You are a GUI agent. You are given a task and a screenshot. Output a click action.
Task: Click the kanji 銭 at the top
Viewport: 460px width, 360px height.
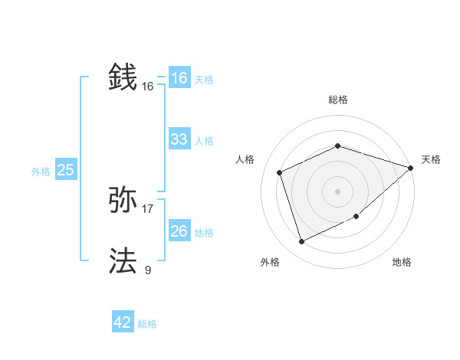[x=123, y=77]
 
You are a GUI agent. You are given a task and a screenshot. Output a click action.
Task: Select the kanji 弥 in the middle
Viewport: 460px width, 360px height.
[x=123, y=201]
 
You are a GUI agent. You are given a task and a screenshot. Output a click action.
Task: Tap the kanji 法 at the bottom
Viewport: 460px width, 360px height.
[x=123, y=261]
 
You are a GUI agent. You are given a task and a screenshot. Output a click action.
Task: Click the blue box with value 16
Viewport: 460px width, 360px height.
[x=179, y=78]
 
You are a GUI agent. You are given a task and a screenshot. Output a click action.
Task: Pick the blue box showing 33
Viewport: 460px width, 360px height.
[x=179, y=139]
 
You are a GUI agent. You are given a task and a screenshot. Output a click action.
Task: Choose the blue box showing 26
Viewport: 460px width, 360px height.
[x=179, y=231]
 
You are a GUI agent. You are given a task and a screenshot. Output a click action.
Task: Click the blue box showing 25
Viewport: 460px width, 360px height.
[x=65, y=170]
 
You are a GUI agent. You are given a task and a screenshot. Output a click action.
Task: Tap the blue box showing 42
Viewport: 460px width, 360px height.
[x=123, y=322]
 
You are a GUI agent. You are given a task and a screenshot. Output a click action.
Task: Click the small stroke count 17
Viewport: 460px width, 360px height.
[x=148, y=208]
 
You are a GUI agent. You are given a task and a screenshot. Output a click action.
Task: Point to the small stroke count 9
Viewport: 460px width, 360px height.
[x=148, y=270]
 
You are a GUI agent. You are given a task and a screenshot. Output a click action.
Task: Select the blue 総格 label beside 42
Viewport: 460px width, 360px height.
[x=147, y=324]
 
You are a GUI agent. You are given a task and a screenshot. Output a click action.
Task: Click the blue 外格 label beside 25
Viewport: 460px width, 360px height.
[x=41, y=172]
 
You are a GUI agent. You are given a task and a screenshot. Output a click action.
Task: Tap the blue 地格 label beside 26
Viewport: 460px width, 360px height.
[x=204, y=233]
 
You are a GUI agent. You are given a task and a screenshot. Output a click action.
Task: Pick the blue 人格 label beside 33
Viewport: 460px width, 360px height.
[x=204, y=141]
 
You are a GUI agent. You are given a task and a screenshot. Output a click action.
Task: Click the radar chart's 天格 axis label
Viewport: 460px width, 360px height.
[x=431, y=159]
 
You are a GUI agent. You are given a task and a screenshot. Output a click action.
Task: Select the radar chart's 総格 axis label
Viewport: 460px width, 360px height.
[x=337, y=100]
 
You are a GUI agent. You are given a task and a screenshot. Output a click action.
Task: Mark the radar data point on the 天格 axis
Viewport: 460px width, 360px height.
[x=411, y=168]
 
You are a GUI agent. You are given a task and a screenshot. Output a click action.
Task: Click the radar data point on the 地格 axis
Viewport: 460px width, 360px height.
[x=357, y=217]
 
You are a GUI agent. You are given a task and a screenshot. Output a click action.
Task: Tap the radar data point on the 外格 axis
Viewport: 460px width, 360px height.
[x=302, y=242]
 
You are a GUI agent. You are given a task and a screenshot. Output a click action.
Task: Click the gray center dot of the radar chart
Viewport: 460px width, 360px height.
[x=337, y=191]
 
